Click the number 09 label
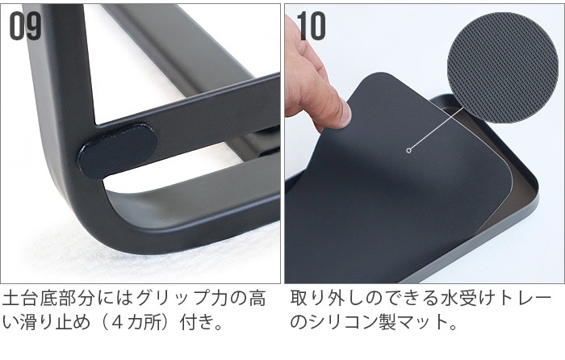point(25,26)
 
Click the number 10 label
point(311,26)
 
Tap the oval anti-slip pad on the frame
point(118,151)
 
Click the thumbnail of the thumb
point(345,113)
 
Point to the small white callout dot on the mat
point(408,150)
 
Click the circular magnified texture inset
point(502,67)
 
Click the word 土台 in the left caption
point(20,299)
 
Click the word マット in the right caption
point(421,322)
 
